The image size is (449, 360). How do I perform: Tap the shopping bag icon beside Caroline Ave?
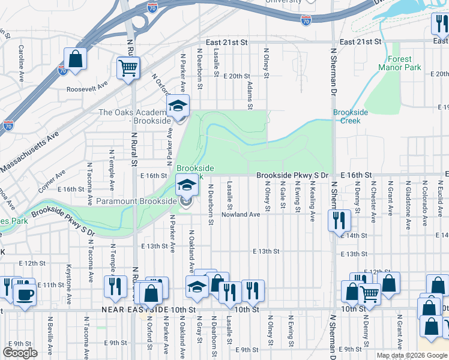[x=76, y=59]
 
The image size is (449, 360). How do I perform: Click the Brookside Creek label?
[x=347, y=116]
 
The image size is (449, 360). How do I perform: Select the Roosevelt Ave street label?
[x=86, y=86]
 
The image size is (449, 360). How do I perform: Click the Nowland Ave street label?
[x=240, y=214]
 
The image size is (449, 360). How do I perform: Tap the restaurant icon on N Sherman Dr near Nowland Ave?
[x=339, y=220]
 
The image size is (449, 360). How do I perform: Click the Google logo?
[x=20, y=353]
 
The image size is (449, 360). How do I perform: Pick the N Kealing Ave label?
[x=313, y=203]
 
